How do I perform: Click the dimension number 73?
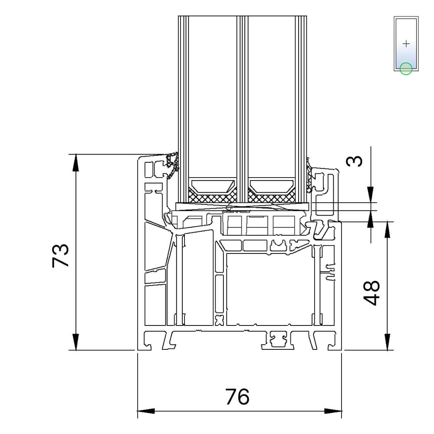point(60,255)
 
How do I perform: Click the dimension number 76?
point(237,397)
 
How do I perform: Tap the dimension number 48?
point(371,293)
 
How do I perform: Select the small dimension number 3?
point(354,161)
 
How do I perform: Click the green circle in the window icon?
point(406,69)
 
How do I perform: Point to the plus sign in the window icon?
point(406,44)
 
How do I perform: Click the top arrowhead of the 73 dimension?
point(76,163)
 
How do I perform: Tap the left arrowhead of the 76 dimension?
point(146,411)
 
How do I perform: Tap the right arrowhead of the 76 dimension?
point(333,411)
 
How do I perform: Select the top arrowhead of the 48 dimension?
point(387,230)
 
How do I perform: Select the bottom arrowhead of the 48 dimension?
point(387,342)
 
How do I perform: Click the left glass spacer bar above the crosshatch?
point(213,186)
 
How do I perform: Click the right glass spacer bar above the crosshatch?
point(272,186)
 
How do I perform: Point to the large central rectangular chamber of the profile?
point(270,289)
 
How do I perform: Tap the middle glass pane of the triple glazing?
point(243,108)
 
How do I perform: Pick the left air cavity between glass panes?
point(213,97)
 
